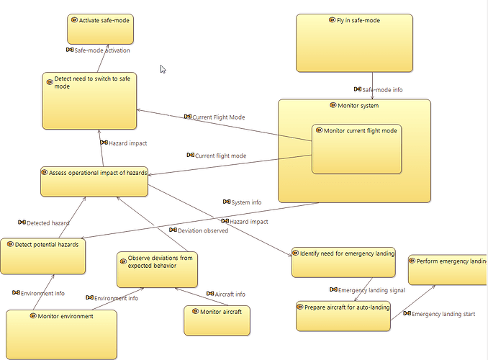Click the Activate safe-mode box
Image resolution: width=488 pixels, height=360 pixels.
pos(101,29)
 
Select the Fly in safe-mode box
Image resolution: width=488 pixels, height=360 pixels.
pos(354,43)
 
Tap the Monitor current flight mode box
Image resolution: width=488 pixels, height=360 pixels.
pos(356,149)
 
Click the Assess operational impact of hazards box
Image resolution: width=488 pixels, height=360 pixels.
pos(94,181)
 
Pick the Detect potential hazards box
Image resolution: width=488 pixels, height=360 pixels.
pos(43,255)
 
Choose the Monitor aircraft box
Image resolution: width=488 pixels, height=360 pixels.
pos(217,320)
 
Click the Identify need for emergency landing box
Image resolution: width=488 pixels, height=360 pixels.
pos(343,263)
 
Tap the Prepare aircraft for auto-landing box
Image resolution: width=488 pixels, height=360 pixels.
pos(343,316)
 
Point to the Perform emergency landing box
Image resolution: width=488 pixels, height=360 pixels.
pos(447,269)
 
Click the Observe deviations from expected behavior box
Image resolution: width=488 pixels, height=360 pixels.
pos(157,270)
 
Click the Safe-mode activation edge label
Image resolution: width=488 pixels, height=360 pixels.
pos(101,50)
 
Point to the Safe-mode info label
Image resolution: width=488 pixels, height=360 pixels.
pos(382,90)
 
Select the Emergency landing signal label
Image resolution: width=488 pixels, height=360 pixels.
pos(371,290)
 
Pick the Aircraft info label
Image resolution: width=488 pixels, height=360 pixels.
pos(230,294)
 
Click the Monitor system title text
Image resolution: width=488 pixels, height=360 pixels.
pos(358,106)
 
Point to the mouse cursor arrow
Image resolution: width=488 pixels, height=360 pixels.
pos(163,69)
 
